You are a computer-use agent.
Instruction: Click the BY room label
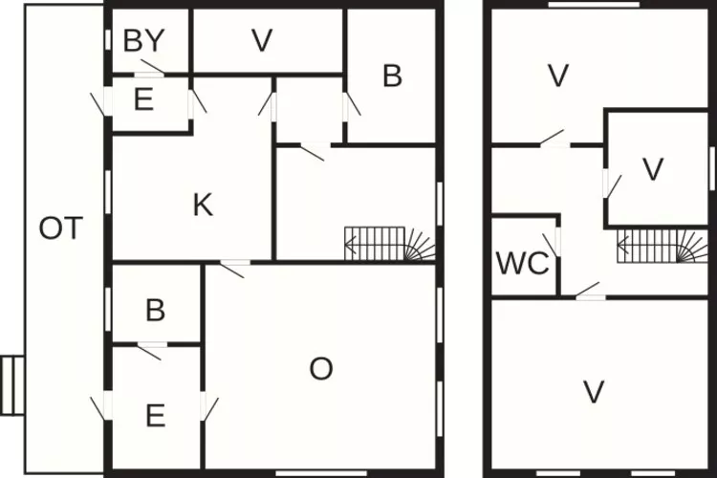tap(143, 41)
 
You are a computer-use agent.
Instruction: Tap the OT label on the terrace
tap(61, 228)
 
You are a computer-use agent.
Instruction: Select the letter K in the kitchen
tap(203, 205)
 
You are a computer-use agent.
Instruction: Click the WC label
tap(523, 264)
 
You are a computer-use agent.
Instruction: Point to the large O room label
tap(321, 369)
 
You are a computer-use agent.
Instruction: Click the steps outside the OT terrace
tap(12, 385)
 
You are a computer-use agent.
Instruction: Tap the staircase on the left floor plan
tap(390, 244)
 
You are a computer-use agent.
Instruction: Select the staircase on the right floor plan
tap(663, 246)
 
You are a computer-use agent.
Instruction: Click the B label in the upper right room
tap(392, 76)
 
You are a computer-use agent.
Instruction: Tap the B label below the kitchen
tap(156, 310)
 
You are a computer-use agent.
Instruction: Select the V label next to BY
tap(262, 40)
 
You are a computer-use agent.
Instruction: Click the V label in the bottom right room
tap(594, 392)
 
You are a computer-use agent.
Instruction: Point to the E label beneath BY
tap(143, 99)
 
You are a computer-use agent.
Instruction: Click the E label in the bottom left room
tap(156, 416)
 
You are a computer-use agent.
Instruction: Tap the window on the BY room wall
tap(108, 40)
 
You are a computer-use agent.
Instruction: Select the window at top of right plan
tap(594, 5)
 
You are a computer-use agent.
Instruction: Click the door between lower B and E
tap(152, 350)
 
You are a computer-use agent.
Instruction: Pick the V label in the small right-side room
tap(653, 169)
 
